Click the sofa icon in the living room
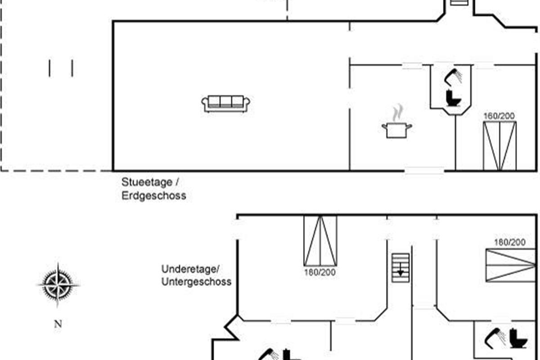[226, 103]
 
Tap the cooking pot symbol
[396, 130]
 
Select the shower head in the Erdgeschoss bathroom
[453, 76]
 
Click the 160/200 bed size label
[499, 116]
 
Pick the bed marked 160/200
[499, 146]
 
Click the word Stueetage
[147, 182]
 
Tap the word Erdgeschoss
[153, 196]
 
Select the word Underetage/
[190, 269]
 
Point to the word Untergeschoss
[196, 282]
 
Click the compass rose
[58, 284]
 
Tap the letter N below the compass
[58, 324]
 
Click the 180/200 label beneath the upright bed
[320, 272]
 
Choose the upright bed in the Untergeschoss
[320, 241]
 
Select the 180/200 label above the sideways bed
[510, 243]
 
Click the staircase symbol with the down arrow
[400, 268]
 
